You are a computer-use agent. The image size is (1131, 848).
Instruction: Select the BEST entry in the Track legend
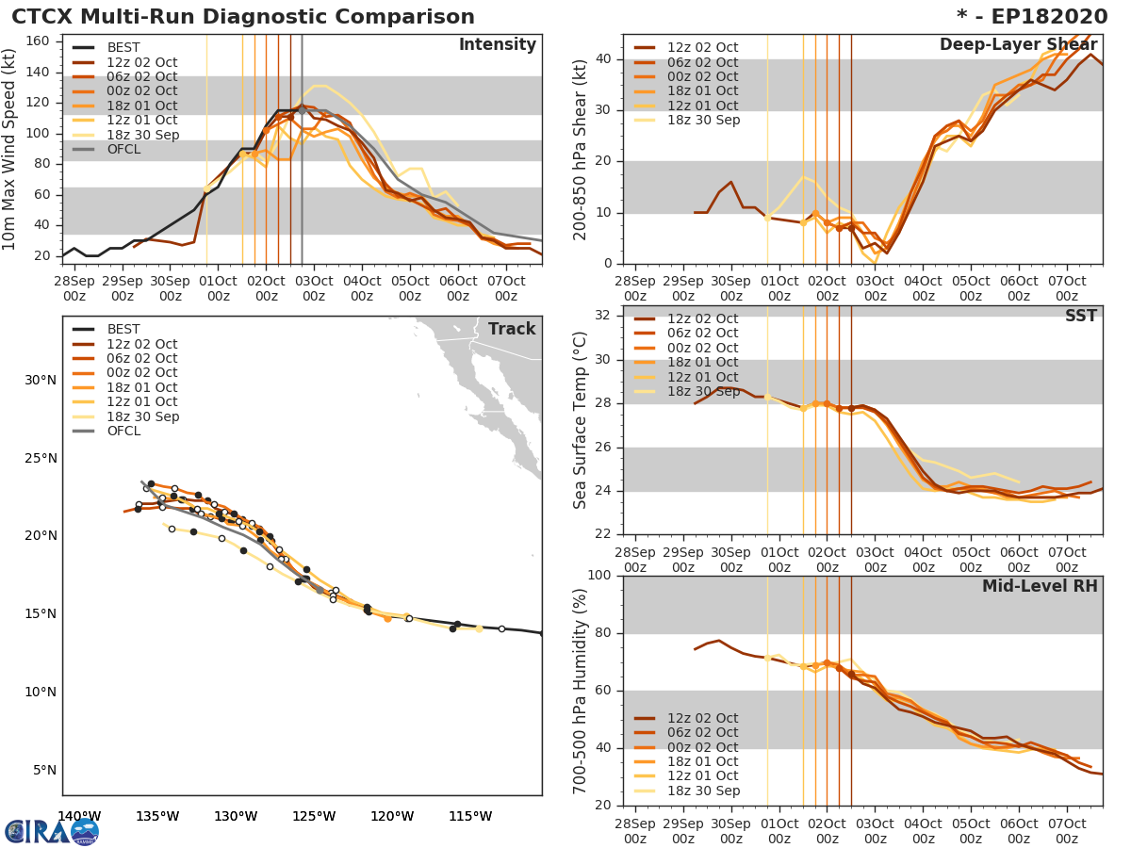tap(123, 330)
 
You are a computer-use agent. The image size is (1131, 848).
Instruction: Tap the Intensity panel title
tap(497, 45)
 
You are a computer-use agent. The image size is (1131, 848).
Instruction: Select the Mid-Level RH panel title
tap(1040, 586)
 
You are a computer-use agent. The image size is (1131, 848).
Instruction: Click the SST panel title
tap(1081, 316)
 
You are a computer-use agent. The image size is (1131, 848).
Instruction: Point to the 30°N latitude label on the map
tap(40, 381)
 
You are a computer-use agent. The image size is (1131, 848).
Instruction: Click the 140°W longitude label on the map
tap(79, 816)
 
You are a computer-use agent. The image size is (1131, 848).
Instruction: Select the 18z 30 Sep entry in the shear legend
tap(703, 120)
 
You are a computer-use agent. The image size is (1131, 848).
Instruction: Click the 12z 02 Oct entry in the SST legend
tap(703, 319)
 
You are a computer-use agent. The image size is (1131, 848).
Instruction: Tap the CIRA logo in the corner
tap(52, 830)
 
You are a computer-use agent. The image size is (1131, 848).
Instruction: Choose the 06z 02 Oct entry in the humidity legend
tap(703, 733)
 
